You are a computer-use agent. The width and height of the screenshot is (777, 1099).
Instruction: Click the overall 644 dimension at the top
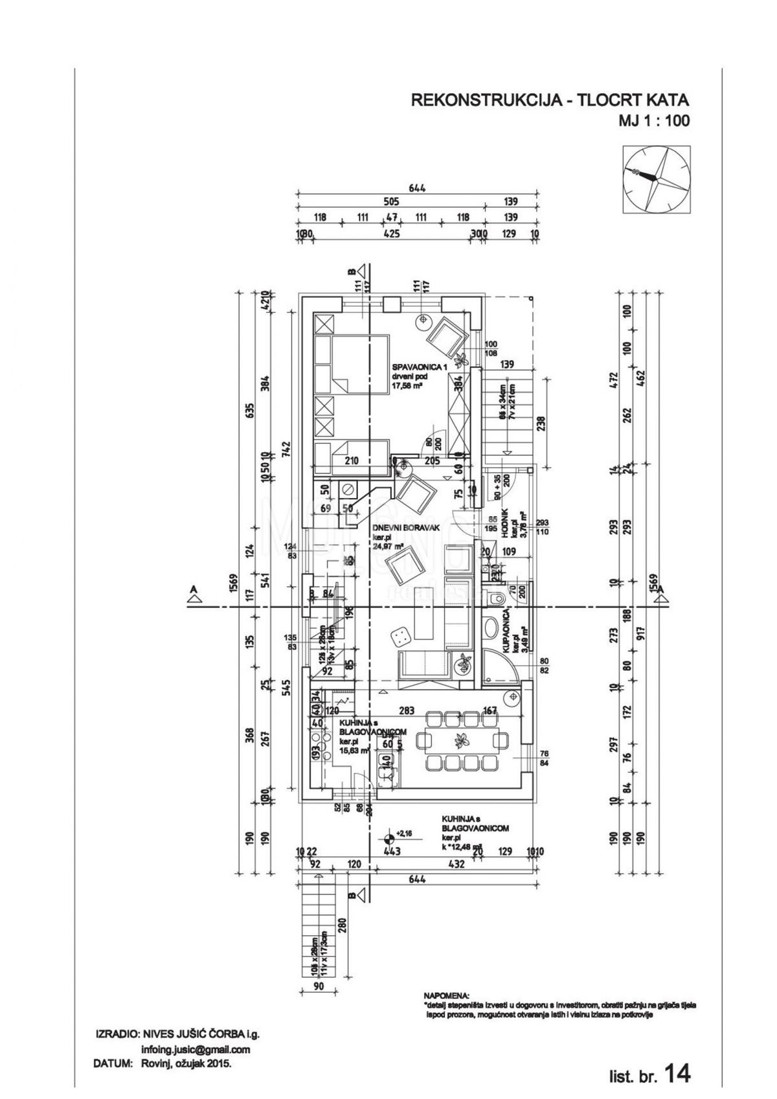click(x=416, y=188)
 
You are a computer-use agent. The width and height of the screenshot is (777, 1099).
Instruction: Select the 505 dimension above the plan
click(x=391, y=202)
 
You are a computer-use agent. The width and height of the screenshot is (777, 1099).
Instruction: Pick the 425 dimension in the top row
click(x=391, y=234)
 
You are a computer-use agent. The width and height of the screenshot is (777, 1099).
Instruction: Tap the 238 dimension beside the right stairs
click(x=541, y=423)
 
